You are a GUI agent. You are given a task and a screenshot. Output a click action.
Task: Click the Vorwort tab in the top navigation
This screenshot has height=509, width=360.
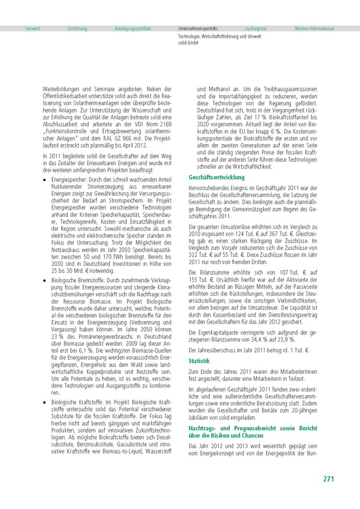click(33, 28)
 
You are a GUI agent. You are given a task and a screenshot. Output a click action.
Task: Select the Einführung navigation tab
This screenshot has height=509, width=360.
click(77, 28)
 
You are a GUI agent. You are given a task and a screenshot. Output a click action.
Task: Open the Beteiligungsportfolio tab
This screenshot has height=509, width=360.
click(133, 28)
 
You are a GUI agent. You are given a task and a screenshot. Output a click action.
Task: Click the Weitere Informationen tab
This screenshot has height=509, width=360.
click(314, 28)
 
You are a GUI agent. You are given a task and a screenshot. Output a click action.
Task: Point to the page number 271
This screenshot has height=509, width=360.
click(329, 479)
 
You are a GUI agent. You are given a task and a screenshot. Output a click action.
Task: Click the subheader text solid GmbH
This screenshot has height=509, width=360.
click(189, 42)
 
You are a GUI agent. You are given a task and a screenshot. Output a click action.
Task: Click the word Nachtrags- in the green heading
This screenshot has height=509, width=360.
click(204, 432)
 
